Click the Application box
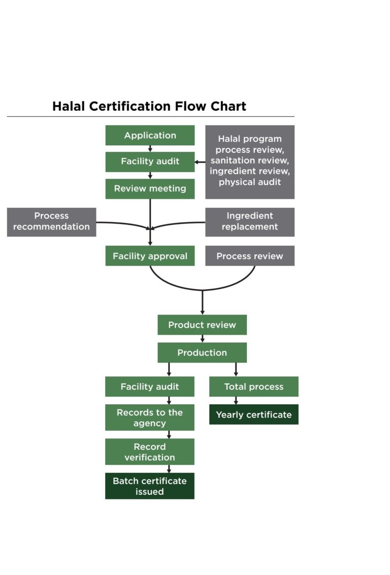click(150, 135)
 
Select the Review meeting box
click(150, 188)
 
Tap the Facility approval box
click(150, 256)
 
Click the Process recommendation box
click(51, 221)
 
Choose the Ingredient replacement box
click(249, 221)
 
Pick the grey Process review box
click(249, 256)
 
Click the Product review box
click(202, 325)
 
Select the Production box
click(202, 353)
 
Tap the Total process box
click(253, 387)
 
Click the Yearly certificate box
click(253, 414)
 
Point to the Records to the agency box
click(150, 418)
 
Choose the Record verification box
click(150, 452)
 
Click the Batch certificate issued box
click(150, 486)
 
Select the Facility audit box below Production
click(150, 387)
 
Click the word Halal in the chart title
click(69, 106)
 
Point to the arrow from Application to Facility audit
click(150, 148)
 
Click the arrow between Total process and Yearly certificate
click(236, 400)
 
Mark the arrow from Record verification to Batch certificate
click(169, 469)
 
